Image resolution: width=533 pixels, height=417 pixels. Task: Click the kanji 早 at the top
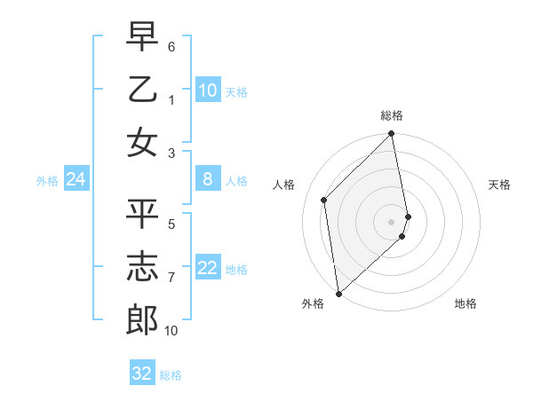[x=142, y=36]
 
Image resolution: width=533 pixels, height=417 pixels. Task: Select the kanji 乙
[x=142, y=90]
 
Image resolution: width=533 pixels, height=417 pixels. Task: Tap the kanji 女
[x=142, y=143]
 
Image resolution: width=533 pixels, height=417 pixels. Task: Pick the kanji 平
[x=142, y=214]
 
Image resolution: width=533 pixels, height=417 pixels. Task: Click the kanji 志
[x=142, y=267]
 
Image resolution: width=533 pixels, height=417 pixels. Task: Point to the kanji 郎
[x=142, y=320]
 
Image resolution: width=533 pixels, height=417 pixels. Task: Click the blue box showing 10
[x=208, y=90]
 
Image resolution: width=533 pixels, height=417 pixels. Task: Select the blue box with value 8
[x=208, y=179]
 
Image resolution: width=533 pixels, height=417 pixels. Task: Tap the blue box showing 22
[x=208, y=268]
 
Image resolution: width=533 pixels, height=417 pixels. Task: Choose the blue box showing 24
[x=76, y=179]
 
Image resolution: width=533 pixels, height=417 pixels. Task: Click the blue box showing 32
[x=142, y=373]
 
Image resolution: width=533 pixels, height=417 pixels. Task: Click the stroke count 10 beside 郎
[x=171, y=331]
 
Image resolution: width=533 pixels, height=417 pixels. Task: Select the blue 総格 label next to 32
[x=171, y=374]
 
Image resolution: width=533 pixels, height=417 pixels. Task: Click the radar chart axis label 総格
[x=392, y=116]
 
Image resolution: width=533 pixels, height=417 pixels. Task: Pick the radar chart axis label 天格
[x=499, y=185]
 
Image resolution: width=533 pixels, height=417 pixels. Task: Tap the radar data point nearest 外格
[x=338, y=294]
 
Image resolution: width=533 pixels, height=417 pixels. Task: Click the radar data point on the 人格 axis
[x=324, y=200]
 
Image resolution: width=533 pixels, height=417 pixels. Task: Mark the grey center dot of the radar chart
[x=392, y=221]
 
